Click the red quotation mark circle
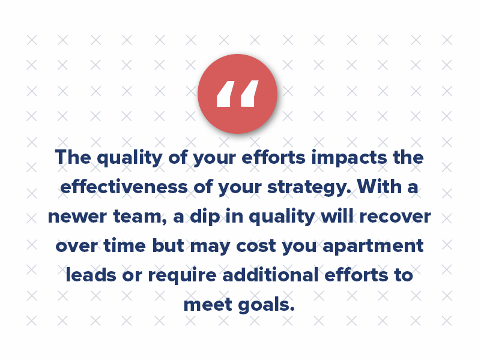[237, 94]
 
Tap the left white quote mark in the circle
[224, 94]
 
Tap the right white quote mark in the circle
[250, 94]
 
